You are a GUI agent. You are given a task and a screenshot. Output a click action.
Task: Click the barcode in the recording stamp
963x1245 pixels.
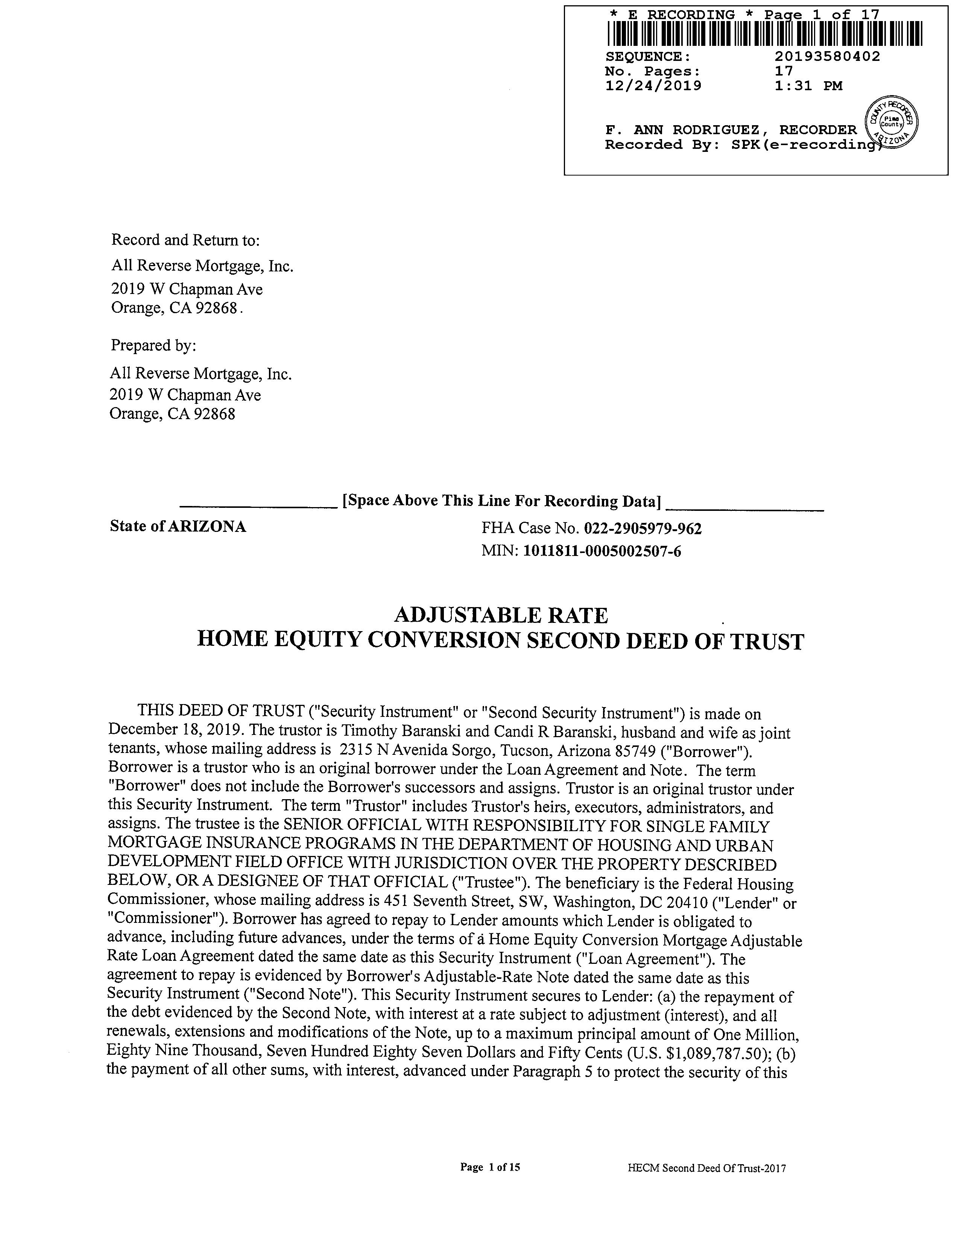click(x=764, y=33)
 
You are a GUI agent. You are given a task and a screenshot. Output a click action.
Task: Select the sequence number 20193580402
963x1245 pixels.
click(x=827, y=56)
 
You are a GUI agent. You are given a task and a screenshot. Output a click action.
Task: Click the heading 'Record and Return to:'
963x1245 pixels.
click(x=185, y=240)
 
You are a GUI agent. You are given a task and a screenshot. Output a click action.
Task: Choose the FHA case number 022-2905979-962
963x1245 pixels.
click(x=643, y=529)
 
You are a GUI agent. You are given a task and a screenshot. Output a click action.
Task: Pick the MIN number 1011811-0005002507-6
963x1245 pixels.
click(x=602, y=551)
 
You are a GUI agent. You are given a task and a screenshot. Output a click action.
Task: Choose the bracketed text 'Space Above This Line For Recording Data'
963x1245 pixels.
click(x=501, y=501)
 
